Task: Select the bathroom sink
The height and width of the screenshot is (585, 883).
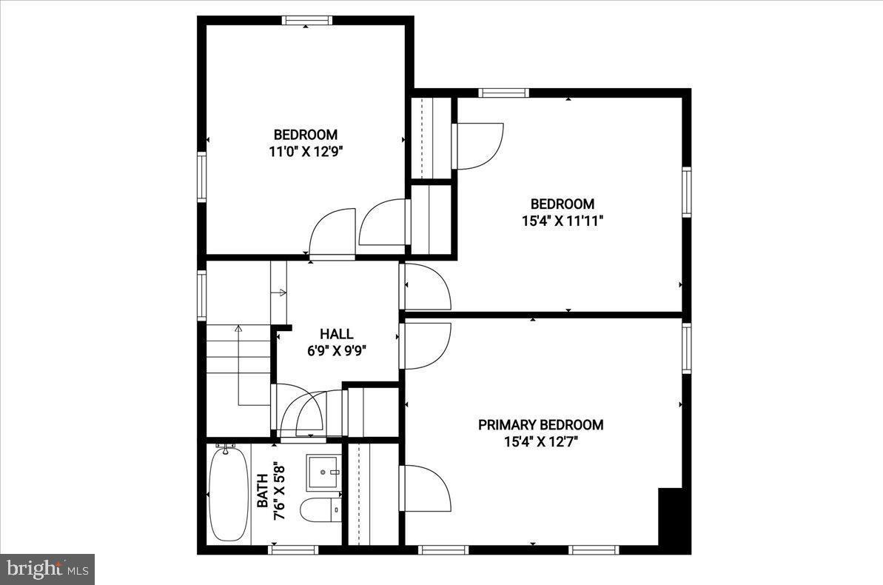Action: point(323,472)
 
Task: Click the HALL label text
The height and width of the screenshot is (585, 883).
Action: point(336,334)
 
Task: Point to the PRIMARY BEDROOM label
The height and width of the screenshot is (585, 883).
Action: point(540,425)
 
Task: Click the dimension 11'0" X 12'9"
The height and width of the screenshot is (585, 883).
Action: point(306,152)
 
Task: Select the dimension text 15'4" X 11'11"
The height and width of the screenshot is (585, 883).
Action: point(562,221)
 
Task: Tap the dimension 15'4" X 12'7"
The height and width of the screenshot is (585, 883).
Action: point(540,442)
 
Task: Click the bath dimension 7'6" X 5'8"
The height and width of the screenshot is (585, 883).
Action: point(279,491)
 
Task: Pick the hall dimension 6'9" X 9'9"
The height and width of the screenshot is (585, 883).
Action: point(336,351)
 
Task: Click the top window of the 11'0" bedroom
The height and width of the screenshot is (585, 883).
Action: point(306,21)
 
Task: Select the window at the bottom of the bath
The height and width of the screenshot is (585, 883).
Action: point(294,549)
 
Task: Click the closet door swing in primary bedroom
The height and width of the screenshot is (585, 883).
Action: point(426,488)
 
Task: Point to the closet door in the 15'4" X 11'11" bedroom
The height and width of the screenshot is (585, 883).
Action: point(477,146)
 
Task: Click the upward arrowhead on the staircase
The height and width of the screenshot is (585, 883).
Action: point(238,327)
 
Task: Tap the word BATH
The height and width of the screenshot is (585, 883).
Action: point(262,491)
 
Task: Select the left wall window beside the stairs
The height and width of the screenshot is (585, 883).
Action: point(201,295)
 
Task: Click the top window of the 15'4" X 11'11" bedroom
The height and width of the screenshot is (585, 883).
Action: point(503,93)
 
